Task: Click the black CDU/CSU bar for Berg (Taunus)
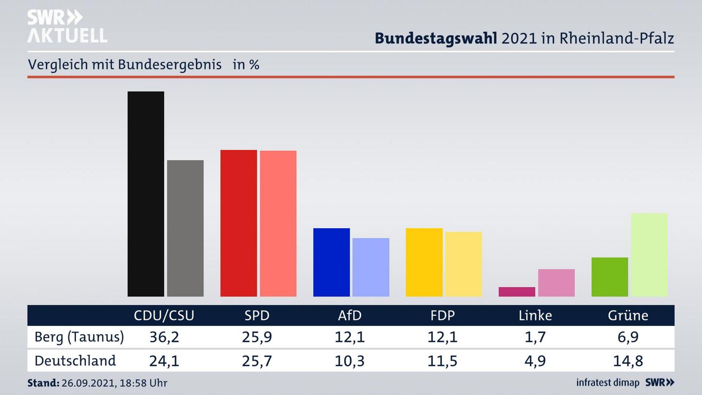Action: coord(146,194)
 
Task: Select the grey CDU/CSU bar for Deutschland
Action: coord(185,228)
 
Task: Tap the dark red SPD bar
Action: coord(238,223)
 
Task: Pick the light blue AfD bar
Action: coord(370,267)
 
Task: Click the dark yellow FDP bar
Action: coord(424,262)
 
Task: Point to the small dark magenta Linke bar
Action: coord(517,292)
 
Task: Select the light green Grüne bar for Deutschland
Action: coord(649,255)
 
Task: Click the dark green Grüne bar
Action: coord(609,276)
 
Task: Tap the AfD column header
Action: coord(350,316)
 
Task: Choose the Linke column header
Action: coord(535,316)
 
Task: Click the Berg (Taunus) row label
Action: coord(79,337)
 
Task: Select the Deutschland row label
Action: coord(75,361)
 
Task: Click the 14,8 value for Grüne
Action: coord(628,361)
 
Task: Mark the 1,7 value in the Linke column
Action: coord(535,337)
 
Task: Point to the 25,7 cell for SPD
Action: coord(256,361)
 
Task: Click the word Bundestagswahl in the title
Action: coord(436,38)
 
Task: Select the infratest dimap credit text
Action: coord(607,382)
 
